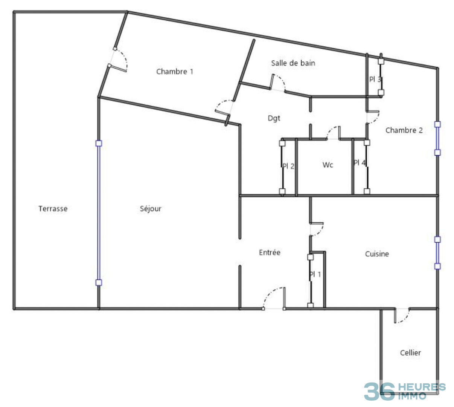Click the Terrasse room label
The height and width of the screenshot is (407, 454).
(53, 208)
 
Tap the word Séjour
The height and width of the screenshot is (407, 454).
(151, 209)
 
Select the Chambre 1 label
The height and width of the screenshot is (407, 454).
(175, 72)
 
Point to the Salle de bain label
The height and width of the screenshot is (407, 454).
(293, 63)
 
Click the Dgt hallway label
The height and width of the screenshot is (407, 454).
(274, 118)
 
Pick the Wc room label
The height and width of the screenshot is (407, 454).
(328, 165)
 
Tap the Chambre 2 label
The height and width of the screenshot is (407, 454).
(404, 130)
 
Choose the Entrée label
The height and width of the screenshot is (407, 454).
(270, 252)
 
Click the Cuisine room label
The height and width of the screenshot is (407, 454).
(377, 254)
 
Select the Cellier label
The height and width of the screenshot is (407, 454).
(410, 353)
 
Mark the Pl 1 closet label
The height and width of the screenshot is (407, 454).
(315, 274)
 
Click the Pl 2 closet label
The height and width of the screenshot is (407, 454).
(289, 166)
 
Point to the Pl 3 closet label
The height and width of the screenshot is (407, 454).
(375, 80)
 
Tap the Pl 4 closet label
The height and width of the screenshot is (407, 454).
(359, 163)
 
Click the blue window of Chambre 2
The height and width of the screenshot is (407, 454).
(437, 138)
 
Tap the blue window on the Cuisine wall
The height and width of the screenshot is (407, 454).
(437, 253)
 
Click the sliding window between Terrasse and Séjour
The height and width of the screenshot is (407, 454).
(99, 213)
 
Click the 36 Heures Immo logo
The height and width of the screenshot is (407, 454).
(404, 391)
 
